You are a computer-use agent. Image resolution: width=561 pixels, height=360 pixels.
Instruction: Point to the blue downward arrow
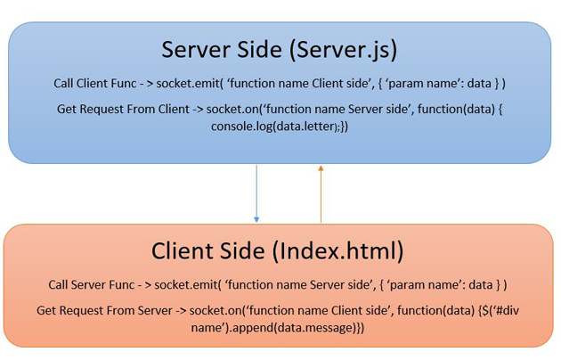tap(256, 192)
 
